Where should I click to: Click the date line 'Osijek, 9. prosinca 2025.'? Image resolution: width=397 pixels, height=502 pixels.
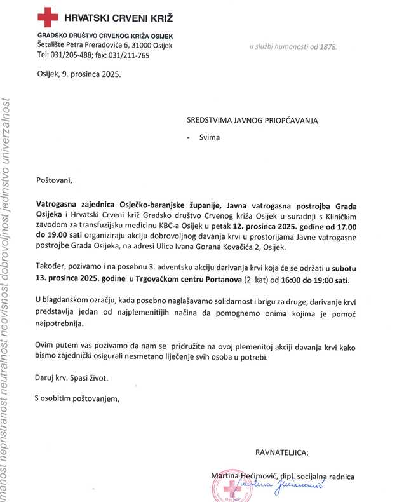pyautogui.click(x=78, y=74)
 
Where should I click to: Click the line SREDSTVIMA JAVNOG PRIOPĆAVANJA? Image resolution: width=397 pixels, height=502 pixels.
pyautogui.click(x=252, y=120)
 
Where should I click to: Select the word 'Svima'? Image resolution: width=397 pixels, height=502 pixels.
pyautogui.click(x=210, y=137)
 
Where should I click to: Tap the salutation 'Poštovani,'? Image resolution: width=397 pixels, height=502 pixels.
pyautogui.click(x=54, y=180)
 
